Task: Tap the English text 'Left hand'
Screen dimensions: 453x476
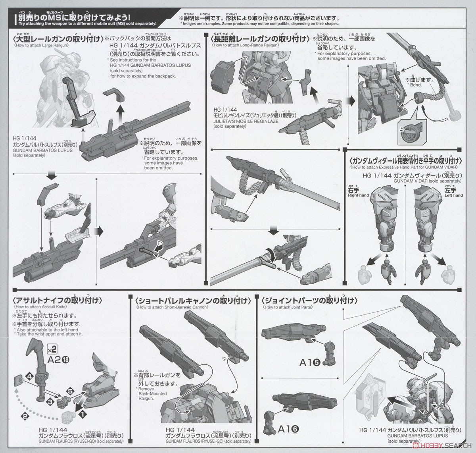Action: click(x=453, y=195)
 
